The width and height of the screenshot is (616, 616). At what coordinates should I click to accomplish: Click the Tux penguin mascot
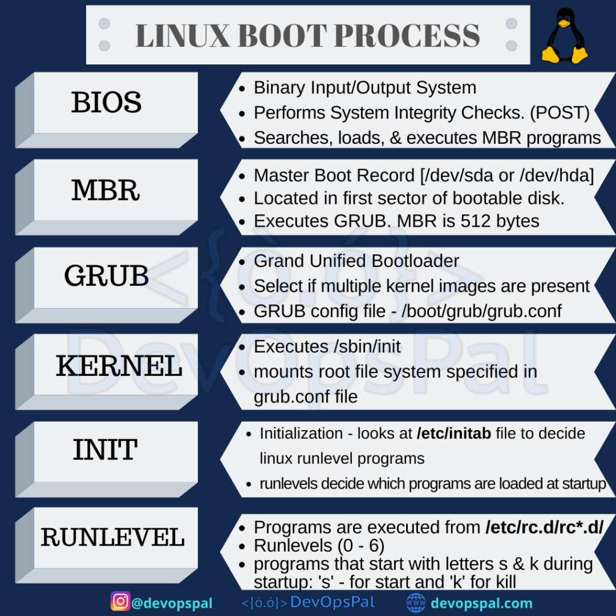[x=564, y=36]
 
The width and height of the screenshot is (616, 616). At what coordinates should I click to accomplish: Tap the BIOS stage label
[x=106, y=102]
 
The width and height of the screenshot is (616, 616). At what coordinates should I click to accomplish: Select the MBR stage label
[x=106, y=189]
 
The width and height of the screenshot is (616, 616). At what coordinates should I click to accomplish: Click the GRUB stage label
[x=106, y=276]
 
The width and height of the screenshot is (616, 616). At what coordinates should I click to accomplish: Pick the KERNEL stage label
[x=119, y=366]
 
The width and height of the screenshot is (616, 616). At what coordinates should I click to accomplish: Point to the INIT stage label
[x=106, y=450]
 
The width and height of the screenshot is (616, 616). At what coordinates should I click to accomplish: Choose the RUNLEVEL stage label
[x=112, y=537]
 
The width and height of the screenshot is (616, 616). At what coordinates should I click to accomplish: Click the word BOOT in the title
[x=282, y=36]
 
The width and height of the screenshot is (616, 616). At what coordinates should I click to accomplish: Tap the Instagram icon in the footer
[x=120, y=601]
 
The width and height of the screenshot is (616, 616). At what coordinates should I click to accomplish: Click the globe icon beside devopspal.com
[x=416, y=602]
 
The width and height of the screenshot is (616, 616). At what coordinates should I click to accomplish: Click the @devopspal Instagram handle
[x=171, y=603]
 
